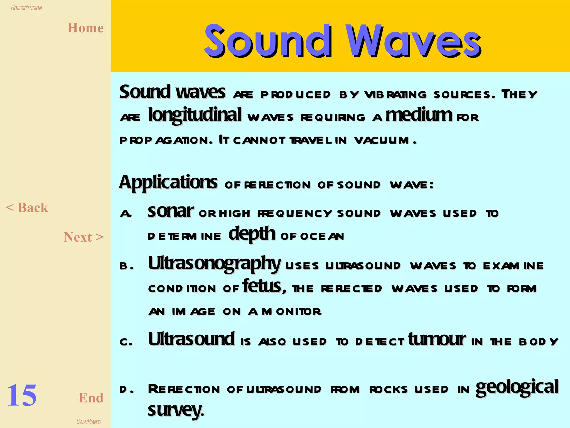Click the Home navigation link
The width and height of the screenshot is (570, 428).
85,28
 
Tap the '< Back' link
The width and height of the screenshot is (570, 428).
27,208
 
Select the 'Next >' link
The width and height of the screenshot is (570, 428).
83,237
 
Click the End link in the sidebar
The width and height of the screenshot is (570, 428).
91,398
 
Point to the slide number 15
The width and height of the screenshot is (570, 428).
22,395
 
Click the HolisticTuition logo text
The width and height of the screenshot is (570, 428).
26,8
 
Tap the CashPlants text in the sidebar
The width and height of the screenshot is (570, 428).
89,422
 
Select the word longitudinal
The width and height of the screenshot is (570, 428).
195,115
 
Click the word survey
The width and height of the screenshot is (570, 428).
176,409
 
